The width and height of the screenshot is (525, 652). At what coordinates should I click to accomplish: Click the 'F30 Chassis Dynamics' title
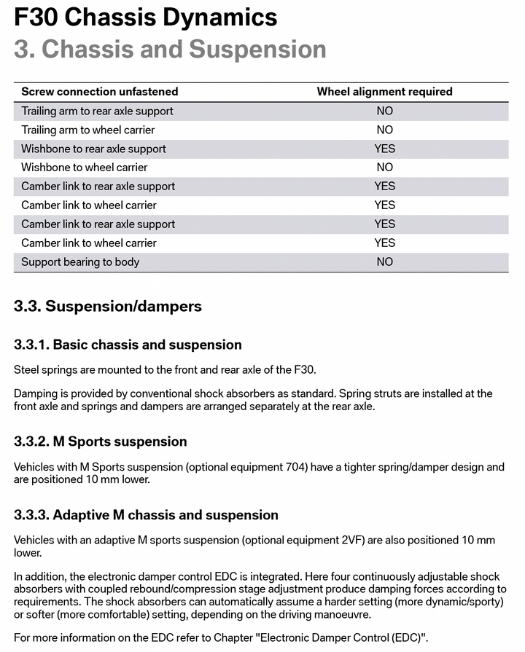[146, 17]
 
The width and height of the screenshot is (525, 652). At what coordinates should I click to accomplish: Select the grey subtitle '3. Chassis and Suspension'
[170, 49]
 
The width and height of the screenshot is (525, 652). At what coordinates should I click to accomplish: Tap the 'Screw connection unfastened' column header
[100, 92]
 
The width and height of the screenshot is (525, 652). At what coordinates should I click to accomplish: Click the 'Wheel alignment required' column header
[384, 92]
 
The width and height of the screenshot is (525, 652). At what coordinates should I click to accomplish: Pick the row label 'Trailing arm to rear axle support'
[97, 111]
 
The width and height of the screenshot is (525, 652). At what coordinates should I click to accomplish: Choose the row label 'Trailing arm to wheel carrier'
[88, 130]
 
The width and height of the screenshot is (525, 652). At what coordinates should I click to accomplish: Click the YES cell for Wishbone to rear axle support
[384, 149]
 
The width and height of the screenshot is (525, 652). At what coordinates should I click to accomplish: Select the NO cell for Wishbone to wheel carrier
[384, 168]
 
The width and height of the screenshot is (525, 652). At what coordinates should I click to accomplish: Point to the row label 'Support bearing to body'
[80, 262]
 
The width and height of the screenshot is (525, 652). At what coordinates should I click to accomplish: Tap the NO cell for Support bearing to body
[384, 262]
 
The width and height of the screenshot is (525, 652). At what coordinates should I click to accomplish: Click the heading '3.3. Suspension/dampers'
[108, 306]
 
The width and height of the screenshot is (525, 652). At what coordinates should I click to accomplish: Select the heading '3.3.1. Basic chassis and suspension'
[128, 345]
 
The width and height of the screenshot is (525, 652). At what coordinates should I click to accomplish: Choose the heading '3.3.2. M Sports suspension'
[101, 441]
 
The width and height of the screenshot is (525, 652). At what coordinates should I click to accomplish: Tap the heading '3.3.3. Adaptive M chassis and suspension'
[146, 515]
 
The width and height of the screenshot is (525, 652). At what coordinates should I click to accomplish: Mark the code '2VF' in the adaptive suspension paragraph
[351, 541]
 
